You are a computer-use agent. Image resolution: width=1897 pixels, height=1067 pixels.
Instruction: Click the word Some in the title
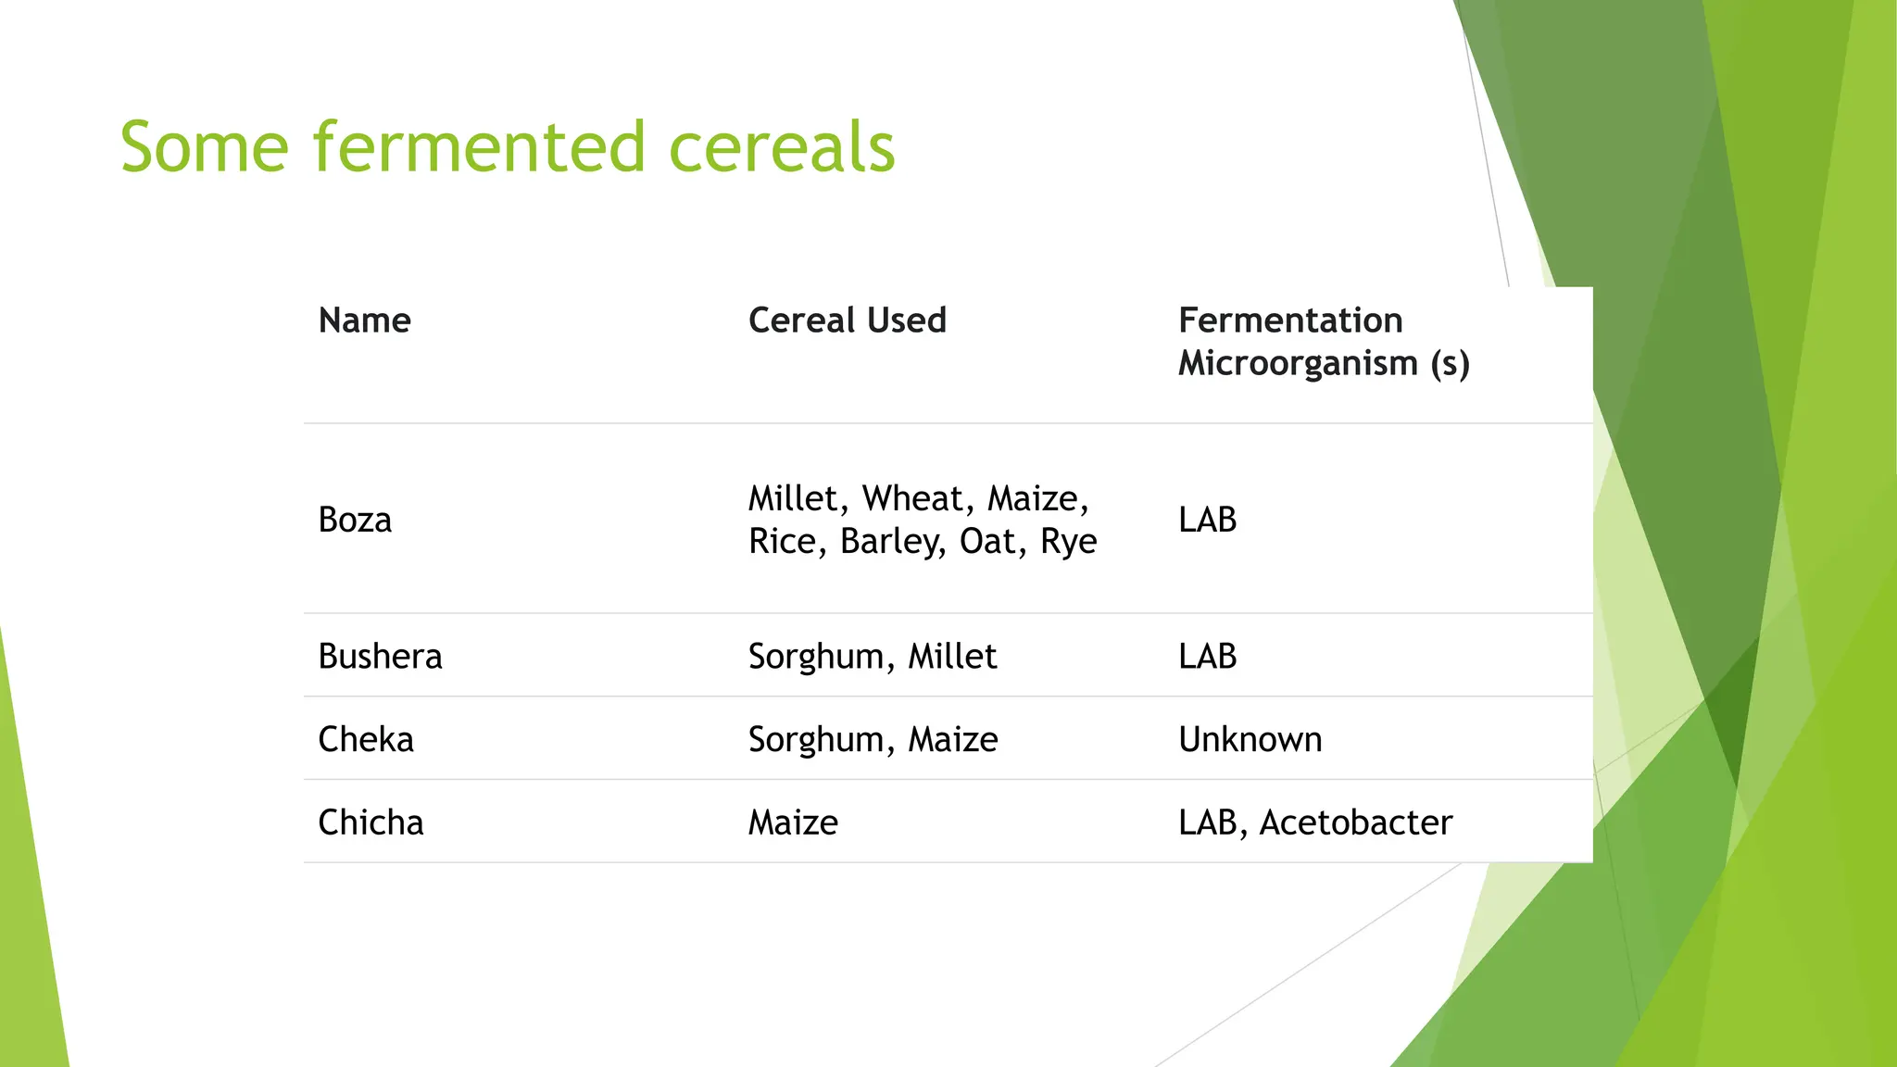204,148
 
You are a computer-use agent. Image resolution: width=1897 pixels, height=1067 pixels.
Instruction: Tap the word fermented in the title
478,148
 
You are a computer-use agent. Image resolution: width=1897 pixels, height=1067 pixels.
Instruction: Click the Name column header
364,320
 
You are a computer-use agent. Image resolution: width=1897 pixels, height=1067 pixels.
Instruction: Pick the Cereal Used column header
847,320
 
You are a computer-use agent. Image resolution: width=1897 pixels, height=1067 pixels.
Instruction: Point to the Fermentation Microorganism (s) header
1323,342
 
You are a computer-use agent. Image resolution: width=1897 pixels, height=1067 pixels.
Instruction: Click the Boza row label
355,520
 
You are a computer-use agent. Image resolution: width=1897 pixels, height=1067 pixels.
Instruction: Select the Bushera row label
380,657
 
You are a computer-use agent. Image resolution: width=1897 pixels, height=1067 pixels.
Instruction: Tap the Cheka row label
366,740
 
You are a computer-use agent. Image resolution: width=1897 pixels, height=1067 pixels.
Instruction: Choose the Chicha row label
371,822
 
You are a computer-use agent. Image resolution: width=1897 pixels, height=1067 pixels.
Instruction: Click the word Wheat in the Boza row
913,499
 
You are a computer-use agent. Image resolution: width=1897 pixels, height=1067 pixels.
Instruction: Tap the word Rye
1068,542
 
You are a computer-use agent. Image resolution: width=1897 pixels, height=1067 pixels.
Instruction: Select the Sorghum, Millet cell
872,657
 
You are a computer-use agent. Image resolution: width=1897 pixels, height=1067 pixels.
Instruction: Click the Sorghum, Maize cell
873,740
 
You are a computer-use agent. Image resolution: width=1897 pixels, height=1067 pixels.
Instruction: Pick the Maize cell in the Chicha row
793,822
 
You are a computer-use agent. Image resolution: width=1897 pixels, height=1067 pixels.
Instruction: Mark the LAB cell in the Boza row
1207,520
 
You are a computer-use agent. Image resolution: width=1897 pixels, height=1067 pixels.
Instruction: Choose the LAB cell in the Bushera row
1207,657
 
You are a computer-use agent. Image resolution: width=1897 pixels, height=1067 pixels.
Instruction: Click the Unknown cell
1250,740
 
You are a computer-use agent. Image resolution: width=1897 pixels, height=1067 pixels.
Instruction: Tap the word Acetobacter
1355,822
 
